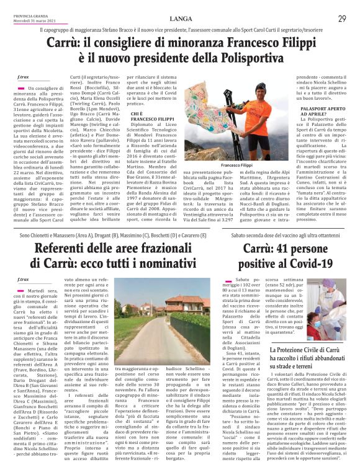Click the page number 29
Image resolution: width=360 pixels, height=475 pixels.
(x=342, y=19)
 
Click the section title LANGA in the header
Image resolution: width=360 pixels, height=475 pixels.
(x=179, y=19)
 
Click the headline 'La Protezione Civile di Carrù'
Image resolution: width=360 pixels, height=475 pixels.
(x=312, y=334)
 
